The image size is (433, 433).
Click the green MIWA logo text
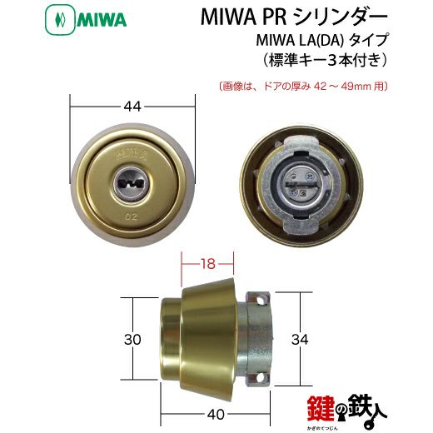click(x=102, y=20)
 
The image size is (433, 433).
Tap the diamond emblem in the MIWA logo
click(x=60, y=20)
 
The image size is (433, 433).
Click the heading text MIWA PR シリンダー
click(x=294, y=17)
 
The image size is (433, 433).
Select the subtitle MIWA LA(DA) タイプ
click(x=321, y=40)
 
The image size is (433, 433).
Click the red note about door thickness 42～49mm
click(x=302, y=87)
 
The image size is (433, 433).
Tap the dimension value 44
click(x=132, y=107)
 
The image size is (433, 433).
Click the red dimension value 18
click(x=207, y=263)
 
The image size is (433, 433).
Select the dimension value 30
click(x=132, y=339)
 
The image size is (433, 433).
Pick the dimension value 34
click(x=300, y=339)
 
